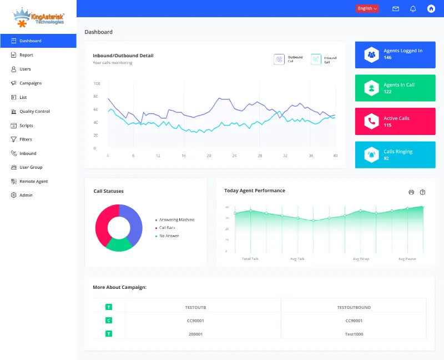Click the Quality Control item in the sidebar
pos(34,111)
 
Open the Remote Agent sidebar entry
pos(33,181)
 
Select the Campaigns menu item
pos(30,83)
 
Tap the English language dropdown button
pos(367,8)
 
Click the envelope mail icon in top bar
pos(396,8)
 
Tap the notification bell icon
pos(413,8)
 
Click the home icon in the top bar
pos(431,8)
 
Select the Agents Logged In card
pos(395,54)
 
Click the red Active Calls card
pos(395,122)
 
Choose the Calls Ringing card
pos(395,155)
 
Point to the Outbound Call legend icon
pos(279,59)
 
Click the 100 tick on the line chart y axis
pos(97,84)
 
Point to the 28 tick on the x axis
pos(260,156)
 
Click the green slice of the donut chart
pos(119,244)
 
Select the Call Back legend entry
pos(167,228)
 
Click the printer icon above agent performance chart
pos(411,192)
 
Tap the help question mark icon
pos(423,192)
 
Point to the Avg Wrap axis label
pos(361,259)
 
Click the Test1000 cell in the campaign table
pos(354,334)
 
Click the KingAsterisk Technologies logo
pos(38,17)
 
